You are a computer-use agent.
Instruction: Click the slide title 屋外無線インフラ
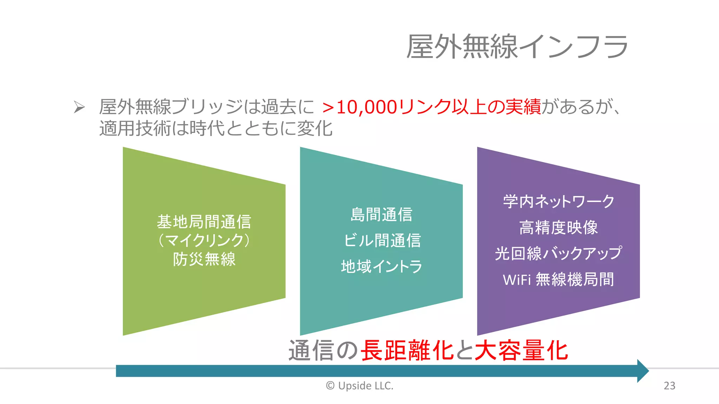pos(517,46)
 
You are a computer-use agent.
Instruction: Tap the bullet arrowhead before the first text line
pos(79,107)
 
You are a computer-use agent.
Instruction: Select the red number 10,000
pos(367,107)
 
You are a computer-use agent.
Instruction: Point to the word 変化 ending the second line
pos(315,128)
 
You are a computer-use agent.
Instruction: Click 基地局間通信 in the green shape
pos(204,222)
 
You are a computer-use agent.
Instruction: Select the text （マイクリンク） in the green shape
pos(204,241)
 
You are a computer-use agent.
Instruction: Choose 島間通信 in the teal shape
pos(381,215)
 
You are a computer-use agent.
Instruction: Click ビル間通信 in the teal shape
pos(382,241)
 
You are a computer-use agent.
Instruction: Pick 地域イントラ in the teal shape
pos(382,267)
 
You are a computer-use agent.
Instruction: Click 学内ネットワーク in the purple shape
pos(559,202)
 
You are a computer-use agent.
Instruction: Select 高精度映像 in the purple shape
pos(559,228)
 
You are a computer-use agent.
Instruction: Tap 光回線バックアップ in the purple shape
pos(559,253)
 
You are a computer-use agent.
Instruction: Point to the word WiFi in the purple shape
pos(517,280)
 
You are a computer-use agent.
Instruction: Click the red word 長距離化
pos(407,350)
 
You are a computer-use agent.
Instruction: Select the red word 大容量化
pos(521,350)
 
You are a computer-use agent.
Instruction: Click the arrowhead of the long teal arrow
pos(643,371)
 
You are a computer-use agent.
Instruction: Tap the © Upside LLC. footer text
pos(360,386)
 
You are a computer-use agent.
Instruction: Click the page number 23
pos(669,386)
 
